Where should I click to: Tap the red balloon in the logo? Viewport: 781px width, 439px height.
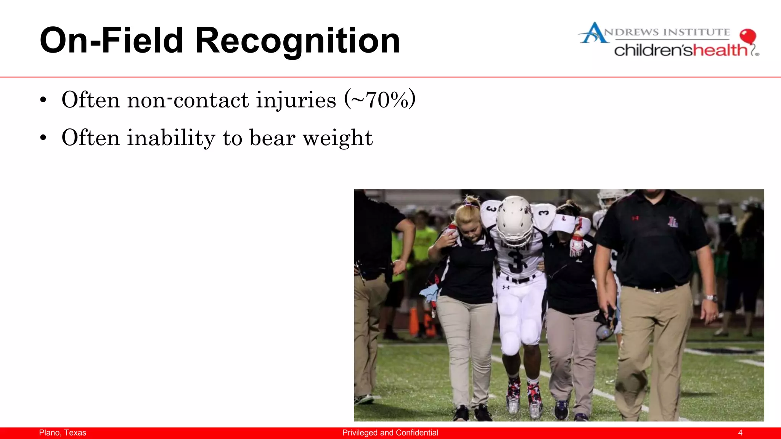pyautogui.click(x=747, y=36)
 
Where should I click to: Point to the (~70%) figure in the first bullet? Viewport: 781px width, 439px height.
pyautogui.click(x=379, y=99)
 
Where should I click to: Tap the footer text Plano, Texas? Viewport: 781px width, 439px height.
pyautogui.click(x=63, y=433)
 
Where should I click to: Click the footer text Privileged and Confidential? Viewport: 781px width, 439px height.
pyautogui.click(x=390, y=433)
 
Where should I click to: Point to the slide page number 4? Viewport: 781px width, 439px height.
pyautogui.click(x=740, y=433)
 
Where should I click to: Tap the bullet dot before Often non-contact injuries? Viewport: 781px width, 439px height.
pyautogui.click(x=43, y=100)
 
